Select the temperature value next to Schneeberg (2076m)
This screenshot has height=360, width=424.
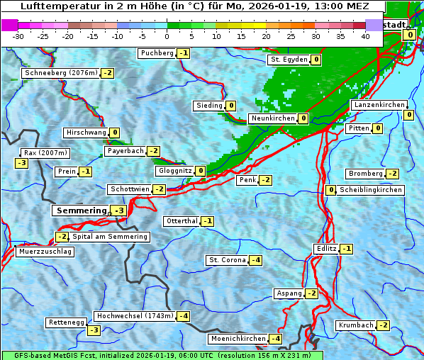coord(108,73)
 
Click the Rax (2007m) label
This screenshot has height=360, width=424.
coord(45,152)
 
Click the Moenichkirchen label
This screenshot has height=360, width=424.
coord(238,339)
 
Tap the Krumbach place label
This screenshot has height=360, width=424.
coord(356,325)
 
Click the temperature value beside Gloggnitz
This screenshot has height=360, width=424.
coord(201,171)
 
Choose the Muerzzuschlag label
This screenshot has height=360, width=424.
coord(45,252)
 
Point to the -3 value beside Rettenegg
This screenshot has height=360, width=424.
coord(94,330)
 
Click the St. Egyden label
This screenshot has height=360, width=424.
coord(289,60)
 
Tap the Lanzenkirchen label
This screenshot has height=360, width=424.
coord(378,105)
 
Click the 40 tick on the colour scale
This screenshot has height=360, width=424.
coord(365,36)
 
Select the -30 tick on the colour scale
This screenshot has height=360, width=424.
coord(18,36)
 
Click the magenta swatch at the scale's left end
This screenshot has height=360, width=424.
coord(10,25)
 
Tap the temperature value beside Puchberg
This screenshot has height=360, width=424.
coord(184,53)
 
